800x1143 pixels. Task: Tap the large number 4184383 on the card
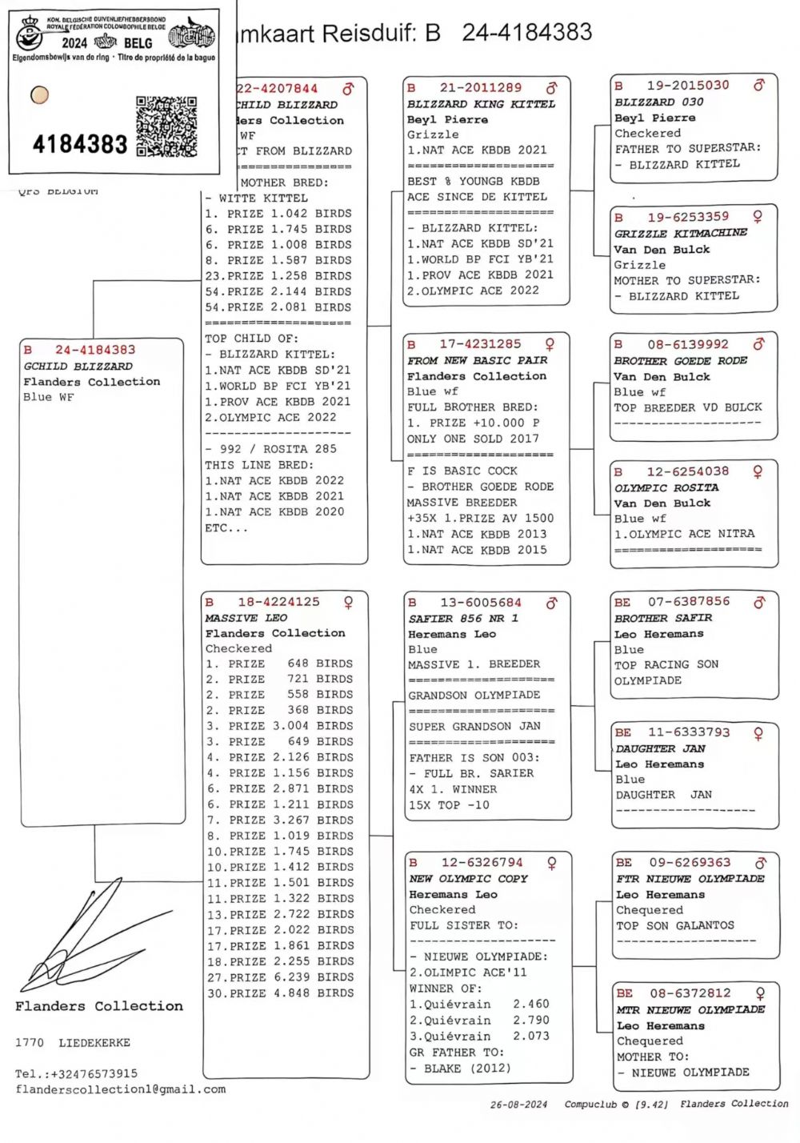(80, 145)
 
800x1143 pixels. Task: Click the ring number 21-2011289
(480, 87)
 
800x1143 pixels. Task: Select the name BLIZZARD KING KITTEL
(481, 104)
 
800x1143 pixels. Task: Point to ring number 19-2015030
(688, 85)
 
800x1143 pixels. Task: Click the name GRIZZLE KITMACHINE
(680, 233)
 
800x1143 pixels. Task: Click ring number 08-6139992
(688, 344)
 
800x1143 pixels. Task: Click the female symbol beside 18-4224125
(348, 602)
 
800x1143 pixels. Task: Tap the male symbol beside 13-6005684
(551, 603)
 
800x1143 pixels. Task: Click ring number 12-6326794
(482, 862)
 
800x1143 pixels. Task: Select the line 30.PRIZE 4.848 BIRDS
(280, 993)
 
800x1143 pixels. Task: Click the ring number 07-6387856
(689, 601)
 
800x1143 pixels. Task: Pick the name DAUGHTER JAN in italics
(660, 748)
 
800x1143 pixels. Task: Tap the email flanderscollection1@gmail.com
(120, 1089)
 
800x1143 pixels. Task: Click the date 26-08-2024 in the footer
(518, 1105)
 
